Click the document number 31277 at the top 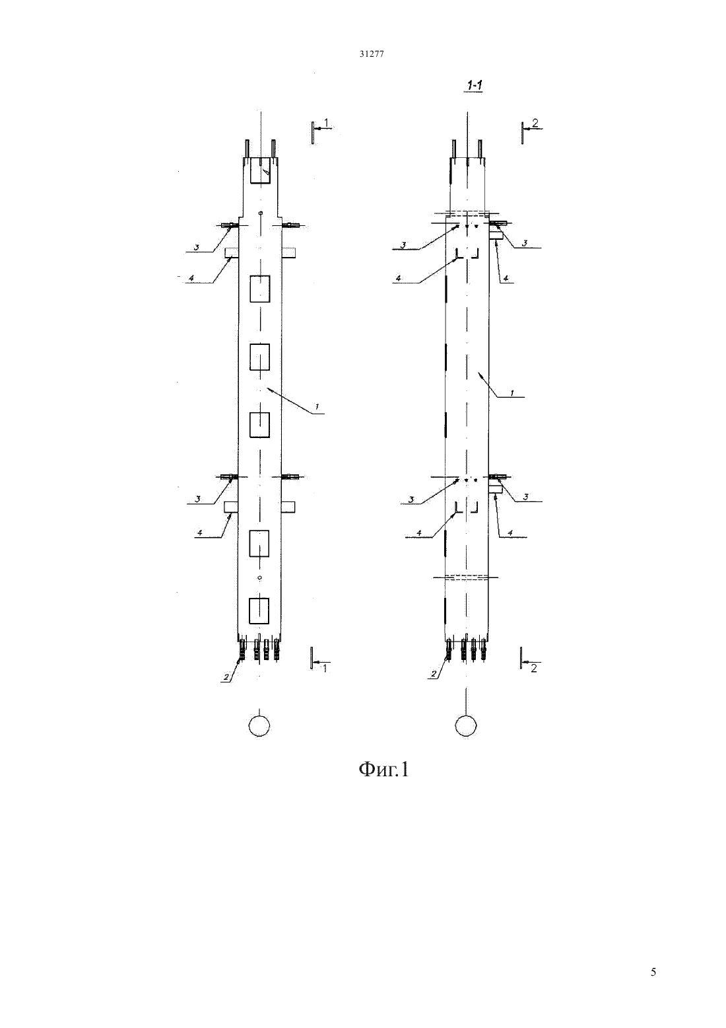[x=372, y=54]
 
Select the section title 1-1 [x=475, y=85]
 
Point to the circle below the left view [x=259, y=726]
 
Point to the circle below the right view [x=466, y=726]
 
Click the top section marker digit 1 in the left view [x=326, y=122]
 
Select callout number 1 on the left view [x=316, y=406]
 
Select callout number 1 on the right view [x=512, y=393]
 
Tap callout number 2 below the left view [x=226, y=677]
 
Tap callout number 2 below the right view [x=434, y=675]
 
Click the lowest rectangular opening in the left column [x=259, y=610]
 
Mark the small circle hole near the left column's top [x=261, y=213]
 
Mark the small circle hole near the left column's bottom [x=260, y=577]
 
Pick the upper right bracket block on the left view [x=289, y=252]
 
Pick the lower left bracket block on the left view [x=230, y=507]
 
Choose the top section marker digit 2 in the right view [x=535, y=123]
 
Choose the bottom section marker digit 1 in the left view [x=325, y=668]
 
